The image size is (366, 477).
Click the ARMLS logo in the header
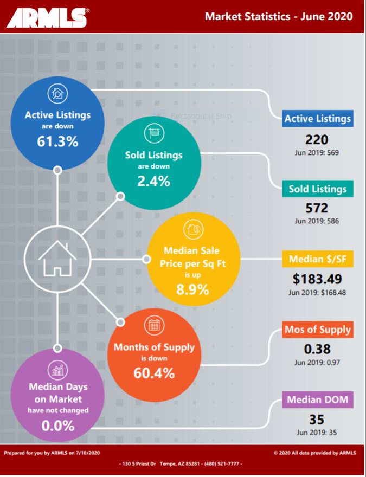48,18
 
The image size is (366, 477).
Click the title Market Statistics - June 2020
279,16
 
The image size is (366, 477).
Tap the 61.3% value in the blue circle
57,141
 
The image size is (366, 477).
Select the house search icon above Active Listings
57,94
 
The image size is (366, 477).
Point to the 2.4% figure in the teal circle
153,181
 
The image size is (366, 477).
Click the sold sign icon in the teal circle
154,133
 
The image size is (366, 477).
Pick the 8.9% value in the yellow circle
192,289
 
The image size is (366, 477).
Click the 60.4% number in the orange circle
154,373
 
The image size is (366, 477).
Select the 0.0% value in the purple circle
58,426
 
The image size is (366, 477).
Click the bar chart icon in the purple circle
58,370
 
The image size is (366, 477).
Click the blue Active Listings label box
318,118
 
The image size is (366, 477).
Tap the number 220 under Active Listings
317,140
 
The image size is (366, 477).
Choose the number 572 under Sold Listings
317,208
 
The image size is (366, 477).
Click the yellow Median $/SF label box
318,259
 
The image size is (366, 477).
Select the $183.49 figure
317,279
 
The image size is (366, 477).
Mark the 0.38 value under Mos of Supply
317,349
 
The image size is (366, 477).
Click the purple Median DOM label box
318,399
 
